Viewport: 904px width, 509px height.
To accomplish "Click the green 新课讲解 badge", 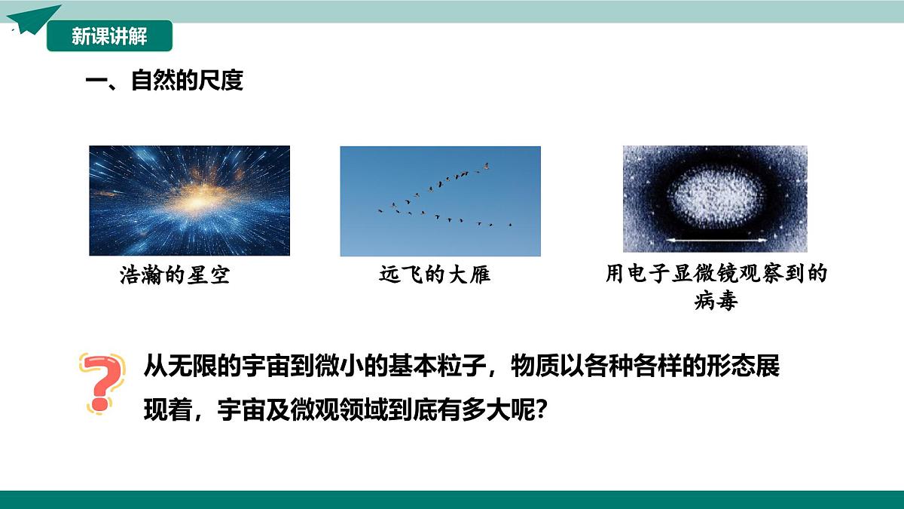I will point(109,36).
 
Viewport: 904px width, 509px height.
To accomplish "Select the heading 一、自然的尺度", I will point(164,81).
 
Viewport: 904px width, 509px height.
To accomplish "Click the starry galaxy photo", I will point(189,201).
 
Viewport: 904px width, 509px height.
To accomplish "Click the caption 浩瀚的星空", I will point(175,275).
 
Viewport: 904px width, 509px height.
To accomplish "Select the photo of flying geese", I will point(440,201).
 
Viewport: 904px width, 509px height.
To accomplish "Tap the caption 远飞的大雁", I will point(435,274).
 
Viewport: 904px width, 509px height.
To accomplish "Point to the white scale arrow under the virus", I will point(715,241).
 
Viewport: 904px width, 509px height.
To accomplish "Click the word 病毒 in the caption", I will point(715,302).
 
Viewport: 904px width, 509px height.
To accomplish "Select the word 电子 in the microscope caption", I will point(650,273).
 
